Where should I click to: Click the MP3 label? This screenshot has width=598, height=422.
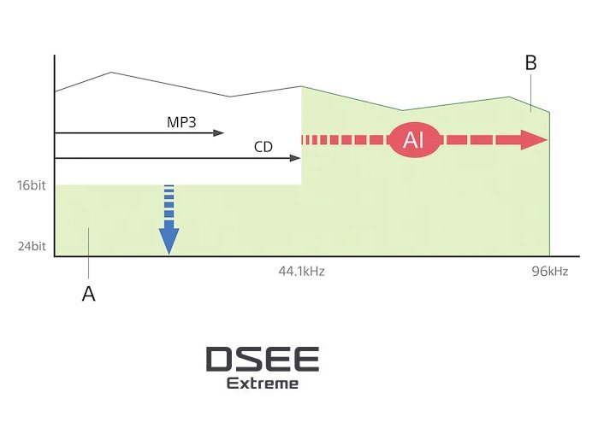pyautogui.click(x=181, y=122)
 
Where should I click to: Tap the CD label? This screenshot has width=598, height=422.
pyautogui.click(x=263, y=147)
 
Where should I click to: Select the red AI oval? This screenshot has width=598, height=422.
pyautogui.click(x=414, y=140)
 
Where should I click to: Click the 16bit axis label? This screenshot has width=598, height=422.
pyautogui.click(x=32, y=185)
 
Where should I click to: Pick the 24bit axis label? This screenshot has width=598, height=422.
pyautogui.click(x=32, y=246)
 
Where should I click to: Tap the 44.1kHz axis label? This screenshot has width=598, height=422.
pyautogui.click(x=301, y=271)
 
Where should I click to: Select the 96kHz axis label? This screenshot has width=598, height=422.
pyautogui.click(x=549, y=271)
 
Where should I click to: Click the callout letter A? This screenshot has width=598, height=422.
pyautogui.click(x=88, y=294)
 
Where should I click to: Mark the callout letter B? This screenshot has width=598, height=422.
pyautogui.click(x=531, y=63)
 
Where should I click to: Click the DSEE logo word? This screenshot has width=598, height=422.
pyautogui.click(x=263, y=359)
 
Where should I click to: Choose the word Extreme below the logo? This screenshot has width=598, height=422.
pyautogui.click(x=263, y=384)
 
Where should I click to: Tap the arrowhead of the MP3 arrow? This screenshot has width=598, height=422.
pyautogui.click(x=218, y=133)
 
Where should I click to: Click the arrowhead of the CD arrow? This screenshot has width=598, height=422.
pyautogui.click(x=295, y=158)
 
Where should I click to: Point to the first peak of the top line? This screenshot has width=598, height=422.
pyautogui.click(x=111, y=72)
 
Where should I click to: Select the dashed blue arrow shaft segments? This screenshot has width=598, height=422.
pyautogui.click(x=169, y=202)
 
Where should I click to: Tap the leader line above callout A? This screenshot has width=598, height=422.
pyautogui.click(x=88, y=253)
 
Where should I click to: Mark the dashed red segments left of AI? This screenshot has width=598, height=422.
pyautogui.click(x=345, y=140)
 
